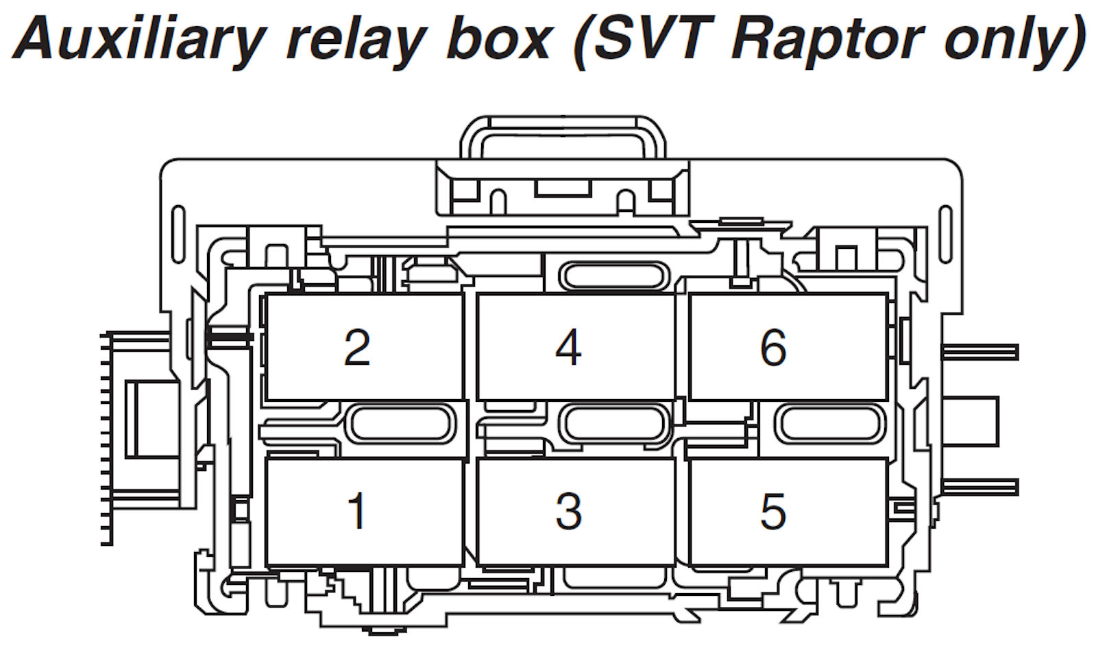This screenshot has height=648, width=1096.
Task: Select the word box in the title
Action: [498, 38]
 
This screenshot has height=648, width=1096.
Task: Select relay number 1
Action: [365, 512]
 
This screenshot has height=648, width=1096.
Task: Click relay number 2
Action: [365, 347]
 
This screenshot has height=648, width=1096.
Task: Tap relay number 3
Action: [576, 512]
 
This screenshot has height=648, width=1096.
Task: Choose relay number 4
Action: [576, 347]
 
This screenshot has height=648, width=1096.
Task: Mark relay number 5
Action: [788, 512]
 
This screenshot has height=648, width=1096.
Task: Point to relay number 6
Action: [788, 347]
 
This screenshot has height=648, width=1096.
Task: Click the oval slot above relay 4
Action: [615, 276]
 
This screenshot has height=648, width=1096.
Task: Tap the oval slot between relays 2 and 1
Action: [401, 424]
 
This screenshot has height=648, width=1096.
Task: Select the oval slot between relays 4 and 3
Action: [615, 424]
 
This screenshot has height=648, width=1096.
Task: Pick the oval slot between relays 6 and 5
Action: [830, 424]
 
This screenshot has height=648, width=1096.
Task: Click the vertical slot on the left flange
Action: [179, 234]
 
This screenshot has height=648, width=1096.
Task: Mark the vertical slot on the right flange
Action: [947, 234]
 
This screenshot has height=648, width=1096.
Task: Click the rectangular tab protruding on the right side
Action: [971, 422]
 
